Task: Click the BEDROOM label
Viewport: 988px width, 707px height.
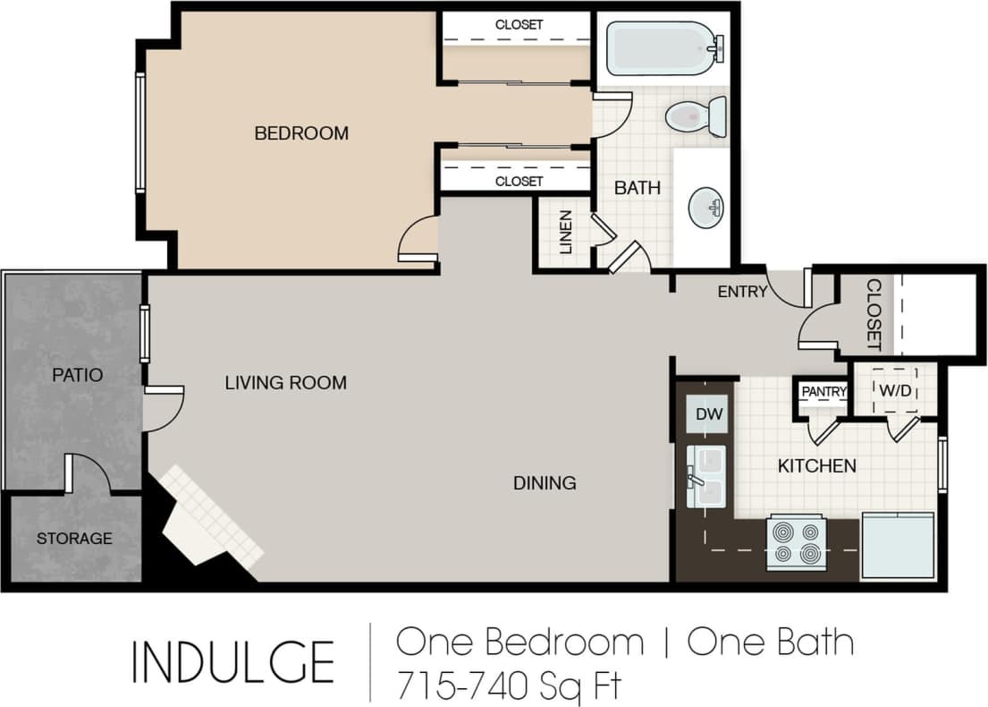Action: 301,133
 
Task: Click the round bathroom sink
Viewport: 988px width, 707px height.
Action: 706,208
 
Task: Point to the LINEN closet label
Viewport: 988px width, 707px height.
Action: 565,233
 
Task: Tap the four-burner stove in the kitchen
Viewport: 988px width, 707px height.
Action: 796,541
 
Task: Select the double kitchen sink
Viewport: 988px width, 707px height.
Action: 706,477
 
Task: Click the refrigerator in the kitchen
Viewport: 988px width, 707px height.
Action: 897,546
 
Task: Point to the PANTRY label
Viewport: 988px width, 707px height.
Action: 823,392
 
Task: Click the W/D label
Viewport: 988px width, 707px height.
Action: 895,391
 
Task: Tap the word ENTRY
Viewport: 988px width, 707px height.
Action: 742,291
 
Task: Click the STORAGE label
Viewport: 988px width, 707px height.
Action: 74,538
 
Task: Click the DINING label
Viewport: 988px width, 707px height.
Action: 545,483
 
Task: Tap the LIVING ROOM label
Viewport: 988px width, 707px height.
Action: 285,383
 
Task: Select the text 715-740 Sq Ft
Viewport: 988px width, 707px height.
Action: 509,686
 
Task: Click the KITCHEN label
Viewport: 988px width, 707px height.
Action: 816,465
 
